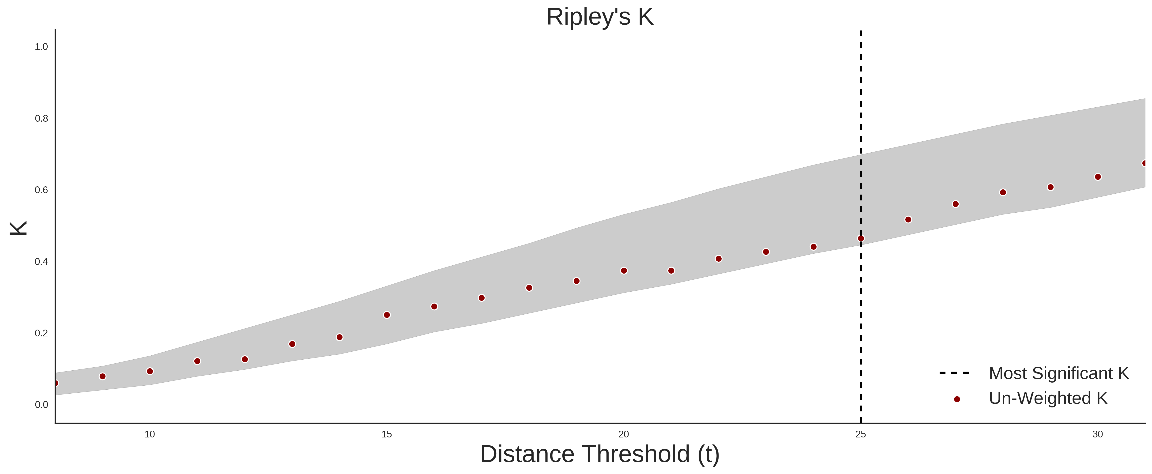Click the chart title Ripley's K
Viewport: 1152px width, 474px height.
(600, 17)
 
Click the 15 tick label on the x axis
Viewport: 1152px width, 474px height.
(387, 434)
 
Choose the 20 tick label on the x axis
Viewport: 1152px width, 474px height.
(624, 434)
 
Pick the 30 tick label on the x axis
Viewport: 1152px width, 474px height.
(1098, 434)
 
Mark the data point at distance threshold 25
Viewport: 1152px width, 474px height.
(861, 238)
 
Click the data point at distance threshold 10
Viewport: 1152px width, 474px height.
(150, 371)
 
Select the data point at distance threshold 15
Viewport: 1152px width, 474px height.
(387, 315)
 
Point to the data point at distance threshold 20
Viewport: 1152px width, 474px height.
(624, 271)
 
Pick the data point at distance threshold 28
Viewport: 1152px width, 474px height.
(1003, 192)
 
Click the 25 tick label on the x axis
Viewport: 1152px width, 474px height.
(861, 434)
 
